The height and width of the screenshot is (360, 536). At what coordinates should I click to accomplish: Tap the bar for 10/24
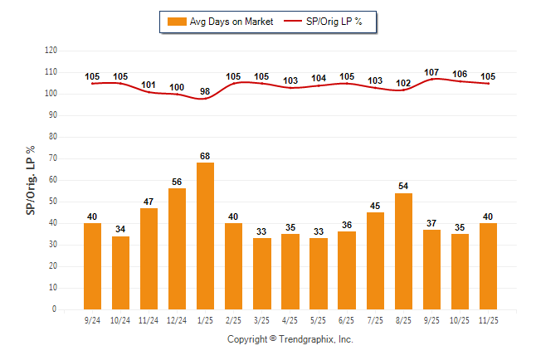[120, 273]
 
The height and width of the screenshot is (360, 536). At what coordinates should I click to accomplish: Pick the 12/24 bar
[177, 249]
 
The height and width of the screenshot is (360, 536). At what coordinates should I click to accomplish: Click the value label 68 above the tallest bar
[205, 156]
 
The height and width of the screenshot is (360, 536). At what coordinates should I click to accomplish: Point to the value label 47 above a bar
[149, 202]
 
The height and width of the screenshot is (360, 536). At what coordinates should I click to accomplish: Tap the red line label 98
[205, 90]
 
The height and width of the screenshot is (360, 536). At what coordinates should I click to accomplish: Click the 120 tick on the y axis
[51, 51]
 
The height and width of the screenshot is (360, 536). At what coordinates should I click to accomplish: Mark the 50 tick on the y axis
[53, 202]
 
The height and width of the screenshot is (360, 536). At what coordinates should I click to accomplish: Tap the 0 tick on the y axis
[55, 309]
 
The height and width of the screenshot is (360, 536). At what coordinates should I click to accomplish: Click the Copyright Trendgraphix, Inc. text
[290, 339]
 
